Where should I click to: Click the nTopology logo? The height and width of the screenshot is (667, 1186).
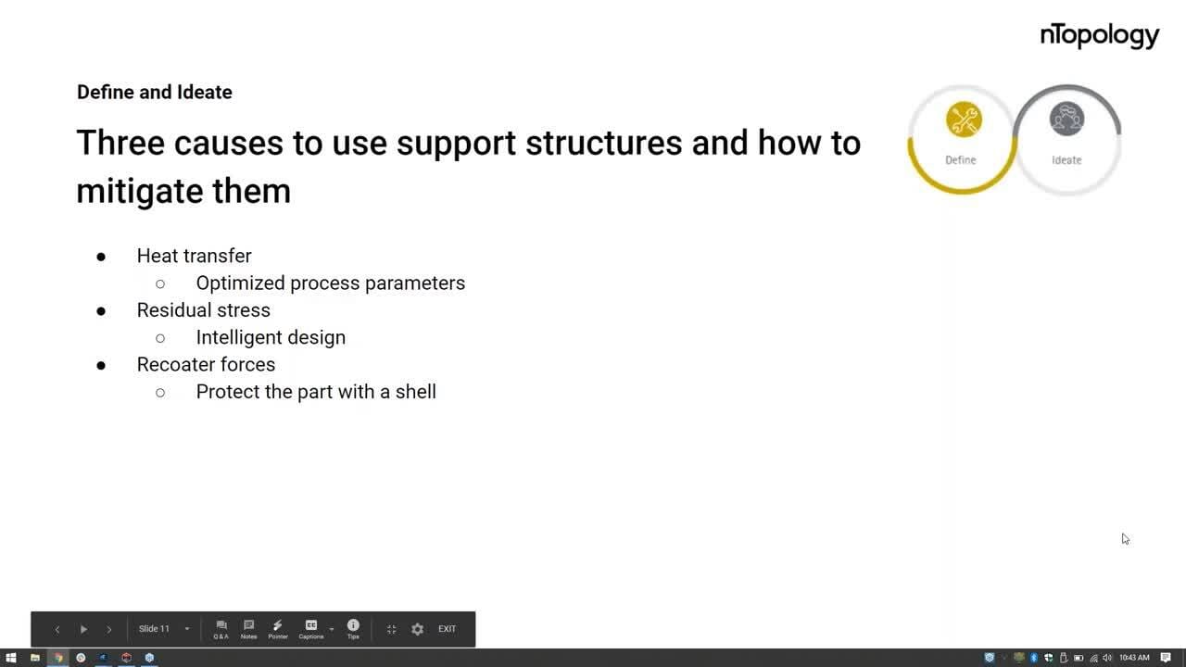pyautogui.click(x=1100, y=36)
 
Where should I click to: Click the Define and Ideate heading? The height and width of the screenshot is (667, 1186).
pyautogui.click(x=155, y=92)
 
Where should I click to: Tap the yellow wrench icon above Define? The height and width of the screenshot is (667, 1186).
pyautogui.click(x=964, y=120)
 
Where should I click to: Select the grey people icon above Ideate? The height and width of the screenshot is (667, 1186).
pyautogui.click(x=1066, y=119)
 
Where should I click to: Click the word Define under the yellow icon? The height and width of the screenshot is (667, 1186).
pyautogui.click(x=961, y=160)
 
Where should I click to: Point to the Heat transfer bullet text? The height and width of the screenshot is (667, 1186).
pyautogui.click(x=195, y=256)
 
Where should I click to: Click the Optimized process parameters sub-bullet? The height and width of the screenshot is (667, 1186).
pyautogui.click(x=331, y=283)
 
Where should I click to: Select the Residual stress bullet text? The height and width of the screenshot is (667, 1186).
pyautogui.click(x=203, y=310)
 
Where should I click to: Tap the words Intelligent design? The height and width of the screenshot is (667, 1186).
pyautogui.click(x=271, y=338)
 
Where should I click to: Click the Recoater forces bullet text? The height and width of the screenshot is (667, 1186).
pyautogui.click(x=206, y=365)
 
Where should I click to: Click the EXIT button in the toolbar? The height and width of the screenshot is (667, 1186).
pyautogui.click(x=447, y=629)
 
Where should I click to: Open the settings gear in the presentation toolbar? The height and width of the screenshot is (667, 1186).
pyautogui.click(x=417, y=629)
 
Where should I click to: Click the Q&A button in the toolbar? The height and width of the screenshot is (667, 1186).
pyautogui.click(x=221, y=629)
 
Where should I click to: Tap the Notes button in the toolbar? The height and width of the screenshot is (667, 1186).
pyautogui.click(x=248, y=629)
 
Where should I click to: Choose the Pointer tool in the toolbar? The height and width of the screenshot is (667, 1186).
pyautogui.click(x=278, y=629)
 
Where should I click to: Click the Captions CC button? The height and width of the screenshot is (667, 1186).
pyautogui.click(x=311, y=629)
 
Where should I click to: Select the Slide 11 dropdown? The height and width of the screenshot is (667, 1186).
pyautogui.click(x=164, y=629)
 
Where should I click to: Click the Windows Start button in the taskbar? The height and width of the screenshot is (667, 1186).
pyautogui.click(x=11, y=658)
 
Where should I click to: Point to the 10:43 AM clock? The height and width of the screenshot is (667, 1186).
pyautogui.click(x=1134, y=658)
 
